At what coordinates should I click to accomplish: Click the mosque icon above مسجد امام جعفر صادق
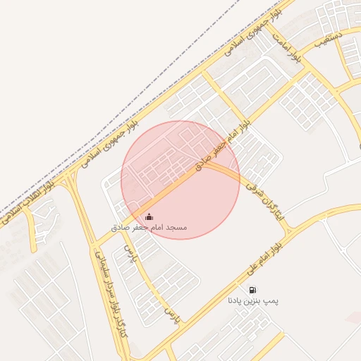pos(148,216)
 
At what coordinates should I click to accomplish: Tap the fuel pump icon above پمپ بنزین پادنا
pos(252,289)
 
